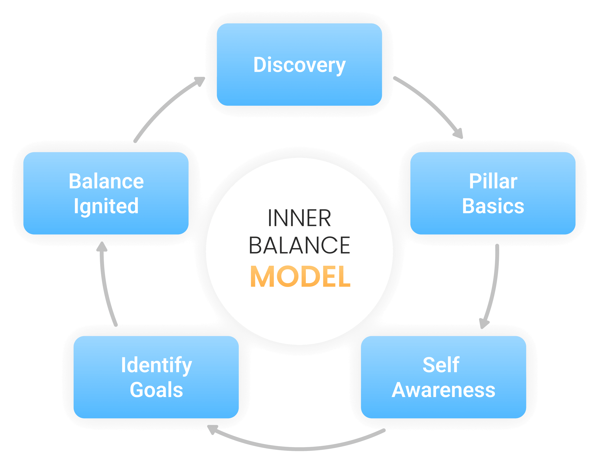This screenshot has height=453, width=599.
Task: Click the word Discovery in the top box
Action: click(x=299, y=65)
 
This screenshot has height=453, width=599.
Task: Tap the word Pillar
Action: click(x=493, y=181)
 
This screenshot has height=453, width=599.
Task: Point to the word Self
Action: click(x=441, y=365)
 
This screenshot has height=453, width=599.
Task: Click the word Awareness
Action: click(x=443, y=390)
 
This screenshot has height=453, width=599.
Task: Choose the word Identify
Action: click(x=156, y=365)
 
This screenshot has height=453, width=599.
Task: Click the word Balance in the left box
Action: click(x=106, y=181)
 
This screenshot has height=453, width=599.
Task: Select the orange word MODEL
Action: click(x=300, y=277)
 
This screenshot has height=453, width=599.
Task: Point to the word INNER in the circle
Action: click(x=299, y=218)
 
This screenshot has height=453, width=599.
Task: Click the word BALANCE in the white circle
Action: click(x=299, y=245)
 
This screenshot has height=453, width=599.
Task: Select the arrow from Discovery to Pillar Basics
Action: click(x=431, y=103)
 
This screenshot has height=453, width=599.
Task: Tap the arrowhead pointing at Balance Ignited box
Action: click(x=102, y=246)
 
